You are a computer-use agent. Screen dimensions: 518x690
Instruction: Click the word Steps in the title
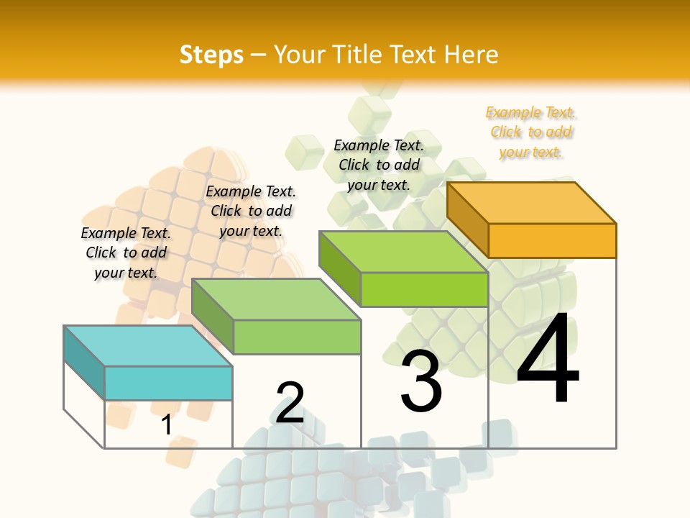coord(211,55)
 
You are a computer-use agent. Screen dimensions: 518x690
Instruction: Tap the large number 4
coord(548,358)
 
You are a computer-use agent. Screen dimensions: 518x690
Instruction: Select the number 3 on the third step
coord(420,381)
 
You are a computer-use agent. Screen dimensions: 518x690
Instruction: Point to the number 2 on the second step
coord(290,403)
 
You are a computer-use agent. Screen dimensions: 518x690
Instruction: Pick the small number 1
coord(166,424)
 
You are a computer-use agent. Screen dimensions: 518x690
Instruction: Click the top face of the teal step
coord(148,345)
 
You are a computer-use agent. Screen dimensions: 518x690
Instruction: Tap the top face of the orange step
coord(532,202)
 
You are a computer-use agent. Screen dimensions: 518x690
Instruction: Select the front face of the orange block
coord(552,240)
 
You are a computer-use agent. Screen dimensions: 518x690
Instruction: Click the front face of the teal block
coord(168,383)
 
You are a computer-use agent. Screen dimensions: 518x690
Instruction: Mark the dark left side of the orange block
coord(468,219)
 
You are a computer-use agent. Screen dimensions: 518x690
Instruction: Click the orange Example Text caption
coord(530,132)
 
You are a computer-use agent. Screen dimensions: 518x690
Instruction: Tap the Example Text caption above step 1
coord(126,253)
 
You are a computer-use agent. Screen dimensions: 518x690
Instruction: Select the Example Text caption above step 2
coord(251,211)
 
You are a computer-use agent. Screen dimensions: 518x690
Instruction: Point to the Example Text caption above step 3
coord(379,165)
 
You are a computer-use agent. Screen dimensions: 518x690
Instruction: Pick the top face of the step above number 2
coord(276,299)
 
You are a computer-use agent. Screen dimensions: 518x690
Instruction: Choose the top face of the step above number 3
coord(404,252)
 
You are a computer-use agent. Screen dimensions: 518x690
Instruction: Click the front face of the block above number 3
coord(424,289)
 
